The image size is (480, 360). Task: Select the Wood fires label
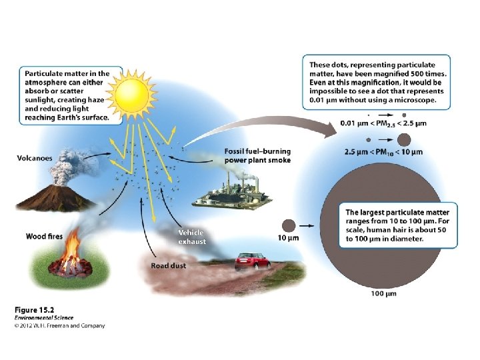pyautogui.click(x=45, y=236)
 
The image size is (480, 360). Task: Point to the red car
pyautogui.click(x=253, y=261)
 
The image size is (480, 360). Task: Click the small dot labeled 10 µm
pyautogui.click(x=289, y=225)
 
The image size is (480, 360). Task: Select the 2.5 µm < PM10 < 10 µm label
pyautogui.click(x=383, y=152)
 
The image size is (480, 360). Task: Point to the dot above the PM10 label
pyautogui.click(x=403, y=139)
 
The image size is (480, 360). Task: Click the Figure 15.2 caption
pyautogui.click(x=35, y=311)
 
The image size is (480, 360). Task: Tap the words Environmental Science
pyautogui.click(x=44, y=318)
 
